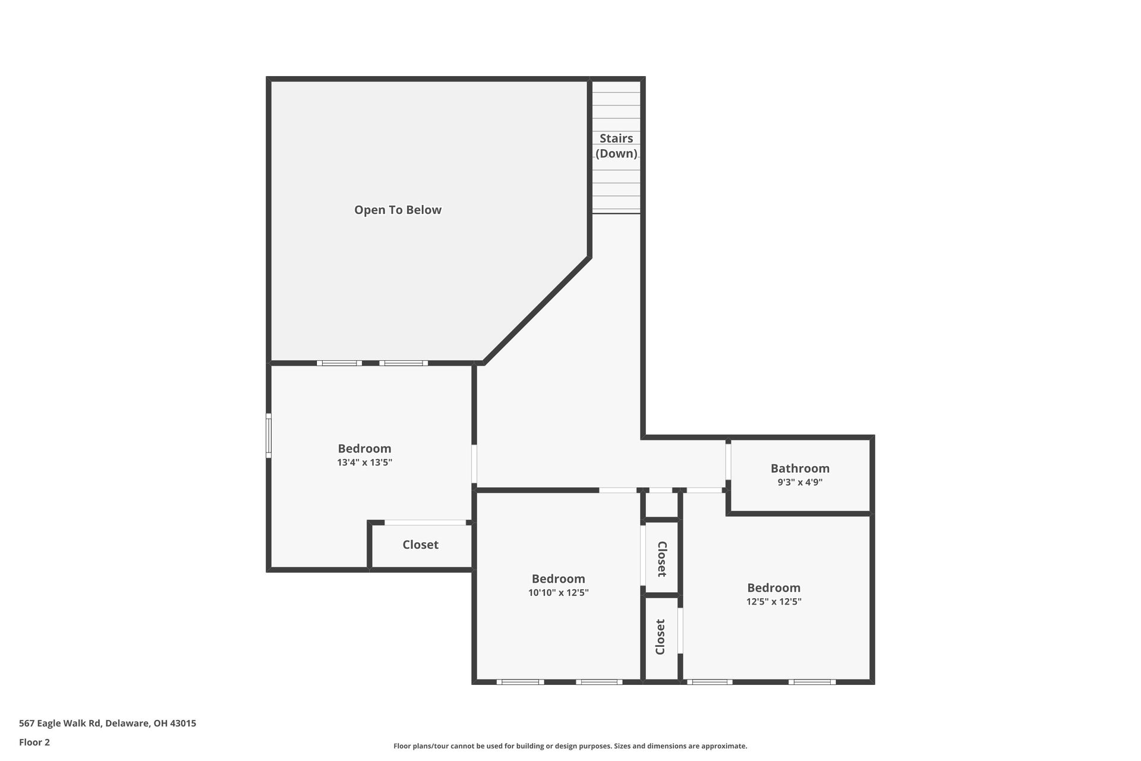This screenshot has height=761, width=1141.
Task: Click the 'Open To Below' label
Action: click(398, 210)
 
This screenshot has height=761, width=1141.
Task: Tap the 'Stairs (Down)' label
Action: click(616, 146)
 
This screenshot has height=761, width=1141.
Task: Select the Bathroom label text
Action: click(800, 468)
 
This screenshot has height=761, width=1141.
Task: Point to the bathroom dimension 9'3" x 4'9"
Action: click(800, 483)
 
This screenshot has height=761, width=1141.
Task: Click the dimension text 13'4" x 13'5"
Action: click(364, 463)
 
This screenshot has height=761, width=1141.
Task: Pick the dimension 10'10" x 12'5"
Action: click(558, 593)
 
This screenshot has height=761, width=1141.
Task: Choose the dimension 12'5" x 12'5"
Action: click(774, 602)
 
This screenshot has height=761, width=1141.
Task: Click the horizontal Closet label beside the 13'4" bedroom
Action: click(420, 545)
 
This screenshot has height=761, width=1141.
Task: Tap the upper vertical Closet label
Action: click(661, 559)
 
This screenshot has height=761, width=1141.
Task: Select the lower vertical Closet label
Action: click(660, 637)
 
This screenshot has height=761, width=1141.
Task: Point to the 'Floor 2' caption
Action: click(34, 742)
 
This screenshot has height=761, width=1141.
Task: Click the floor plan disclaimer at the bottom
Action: click(570, 746)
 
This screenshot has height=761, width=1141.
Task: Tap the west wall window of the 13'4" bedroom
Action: click(269, 436)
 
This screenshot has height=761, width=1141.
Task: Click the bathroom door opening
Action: click(728, 461)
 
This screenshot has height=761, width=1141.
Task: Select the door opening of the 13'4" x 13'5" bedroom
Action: click(474, 464)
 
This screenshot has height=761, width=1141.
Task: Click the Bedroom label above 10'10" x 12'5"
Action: click(558, 578)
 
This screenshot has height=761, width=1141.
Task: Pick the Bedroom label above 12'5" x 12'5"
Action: click(774, 587)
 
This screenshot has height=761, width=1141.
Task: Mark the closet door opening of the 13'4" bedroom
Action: click(425, 523)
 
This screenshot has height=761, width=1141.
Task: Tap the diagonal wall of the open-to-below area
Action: click(537, 310)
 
